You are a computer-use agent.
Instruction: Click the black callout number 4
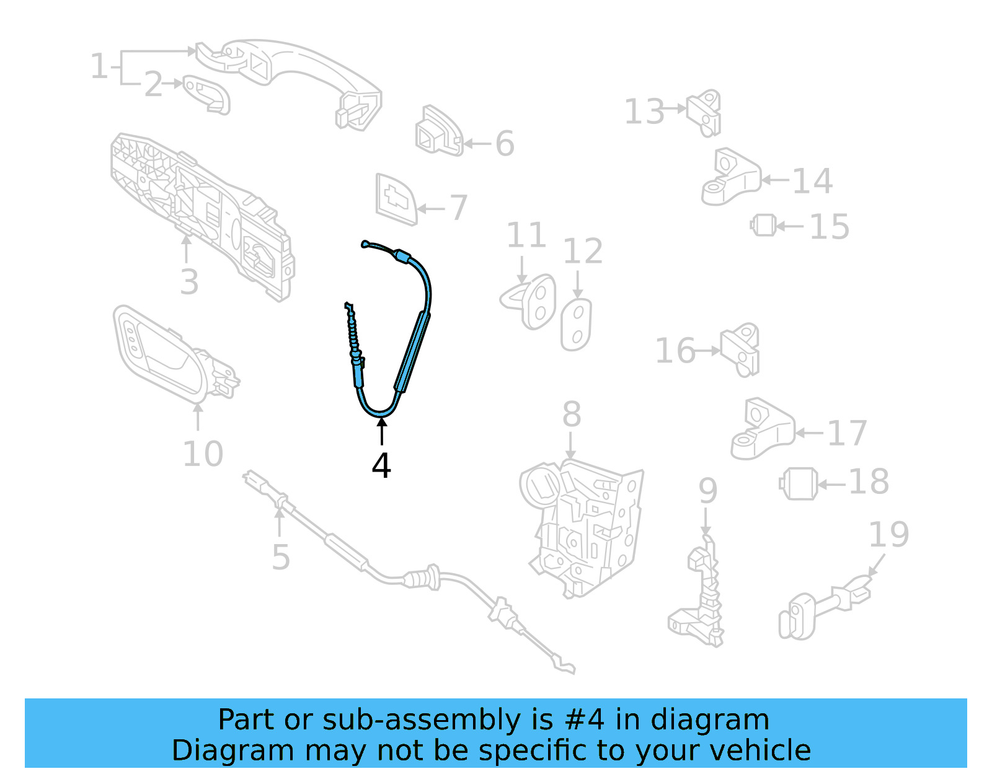coord(381,466)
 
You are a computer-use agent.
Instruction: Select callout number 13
coord(644,112)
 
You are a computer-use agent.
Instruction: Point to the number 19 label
coord(888,534)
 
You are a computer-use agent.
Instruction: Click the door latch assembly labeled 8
coord(583,527)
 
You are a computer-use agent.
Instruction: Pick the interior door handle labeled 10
coord(167,353)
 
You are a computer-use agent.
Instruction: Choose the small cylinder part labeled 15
coord(764,225)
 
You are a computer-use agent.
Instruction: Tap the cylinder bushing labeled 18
coord(799,484)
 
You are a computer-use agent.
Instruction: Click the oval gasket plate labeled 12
coord(577,325)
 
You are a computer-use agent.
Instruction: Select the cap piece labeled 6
coord(438,133)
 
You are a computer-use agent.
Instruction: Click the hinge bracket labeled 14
coord(730,178)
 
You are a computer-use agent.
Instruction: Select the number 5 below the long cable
coord(281,557)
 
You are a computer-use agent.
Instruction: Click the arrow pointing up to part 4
coord(381,431)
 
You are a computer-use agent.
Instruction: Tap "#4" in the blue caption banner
coord(584,720)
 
